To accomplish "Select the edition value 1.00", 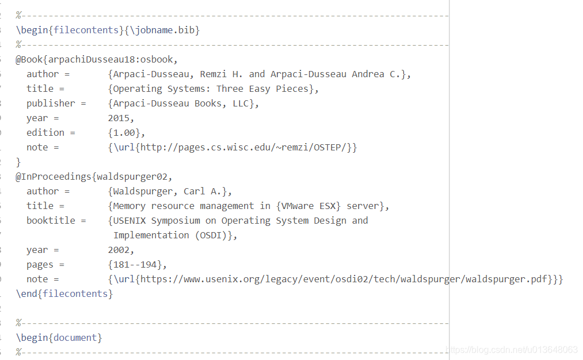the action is [x=127, y=132].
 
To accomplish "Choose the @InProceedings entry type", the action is [x=54, y=176].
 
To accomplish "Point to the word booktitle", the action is [x=51, y=220].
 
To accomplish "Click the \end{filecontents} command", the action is [x=64, y=294].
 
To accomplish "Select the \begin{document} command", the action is [x=59, y=337].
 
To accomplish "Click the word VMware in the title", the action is [x=308, y=206].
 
